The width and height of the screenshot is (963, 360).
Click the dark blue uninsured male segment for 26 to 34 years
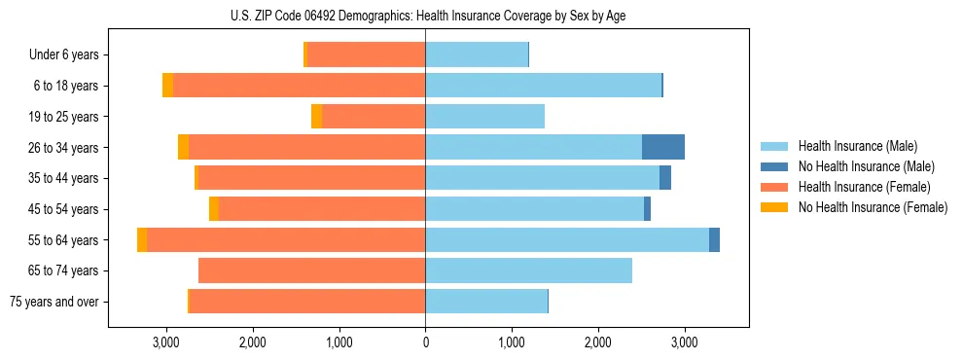click(663, 147)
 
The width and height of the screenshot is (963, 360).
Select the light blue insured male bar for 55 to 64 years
click(567, 239)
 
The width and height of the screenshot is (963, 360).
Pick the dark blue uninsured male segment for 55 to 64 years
click(714, 239)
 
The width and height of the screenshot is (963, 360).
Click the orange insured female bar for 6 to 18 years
click(299, 86)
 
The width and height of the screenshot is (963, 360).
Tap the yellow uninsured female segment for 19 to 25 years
click(316, 117)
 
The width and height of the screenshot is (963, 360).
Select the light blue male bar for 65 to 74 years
click(528, 270)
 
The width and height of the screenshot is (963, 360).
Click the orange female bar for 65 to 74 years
click(311, 270)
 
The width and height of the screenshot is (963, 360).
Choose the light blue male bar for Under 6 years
click(477, 55)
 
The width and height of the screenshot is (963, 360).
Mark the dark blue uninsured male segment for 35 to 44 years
click(665, 178)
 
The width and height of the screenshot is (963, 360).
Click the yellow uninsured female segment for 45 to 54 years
click(214, 209)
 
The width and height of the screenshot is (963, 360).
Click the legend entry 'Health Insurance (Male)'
click(857, 146)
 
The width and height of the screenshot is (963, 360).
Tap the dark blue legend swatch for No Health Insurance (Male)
click(774, 166)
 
